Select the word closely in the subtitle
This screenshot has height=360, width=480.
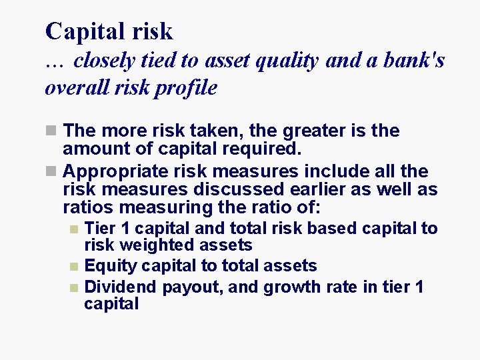tap(104, 61)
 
